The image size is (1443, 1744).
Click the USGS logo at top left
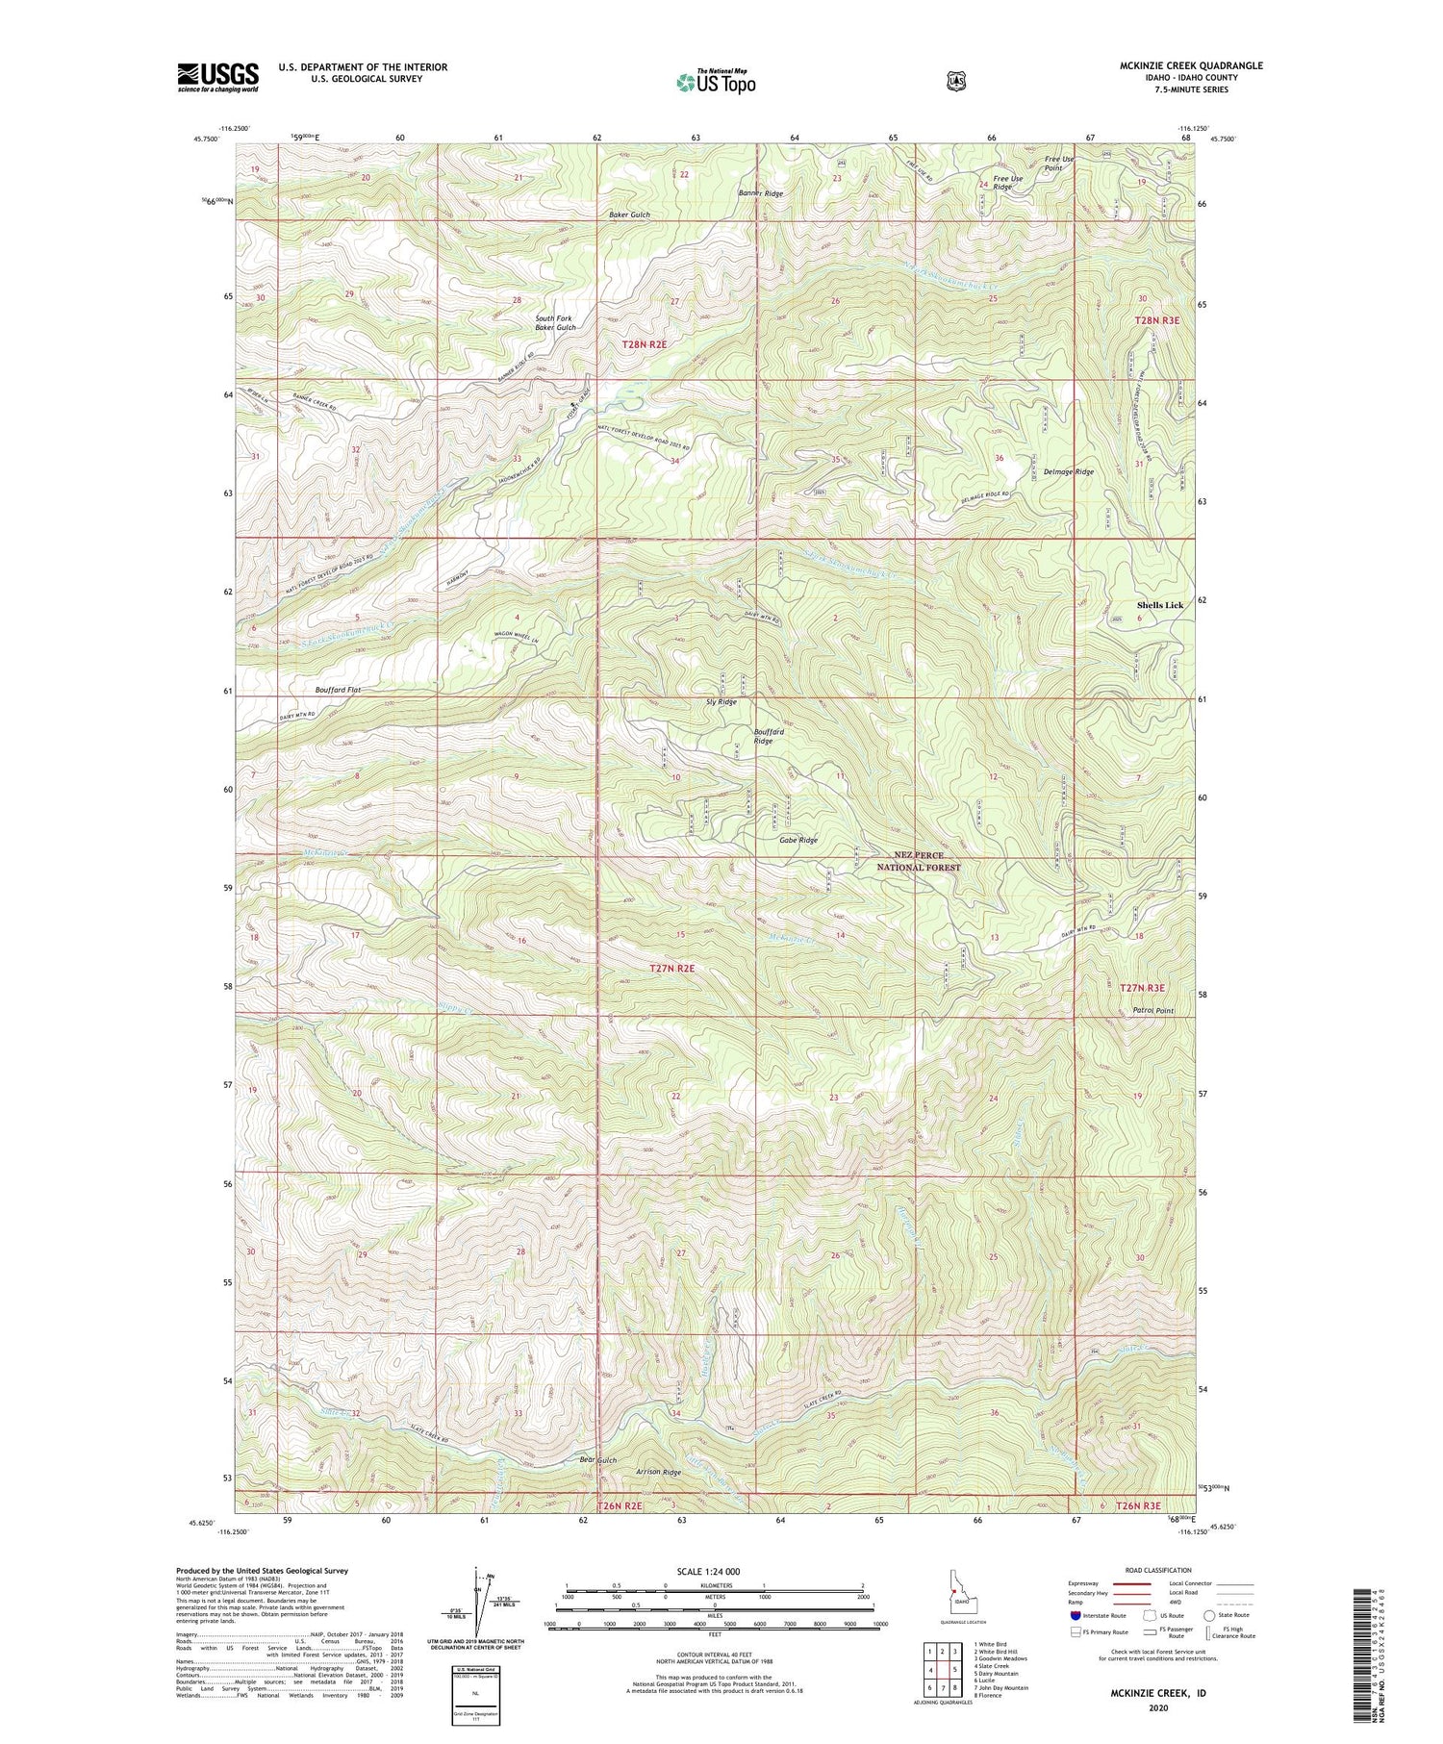click(217, 77)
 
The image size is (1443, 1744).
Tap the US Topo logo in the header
click(716, 82)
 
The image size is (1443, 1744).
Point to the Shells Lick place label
click(1160, 605)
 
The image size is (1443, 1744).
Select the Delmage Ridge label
click(1069, 472)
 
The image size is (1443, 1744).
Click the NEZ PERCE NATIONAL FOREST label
click(918, 861)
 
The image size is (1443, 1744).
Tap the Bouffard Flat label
click(310, 690)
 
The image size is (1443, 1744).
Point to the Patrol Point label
click(1152, 1011)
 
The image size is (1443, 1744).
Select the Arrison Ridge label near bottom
click(658, 1473)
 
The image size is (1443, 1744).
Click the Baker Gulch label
click(629, 215)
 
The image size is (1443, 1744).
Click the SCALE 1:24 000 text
click(714, 1571)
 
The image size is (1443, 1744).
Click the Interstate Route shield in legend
click(1076, 1615)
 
